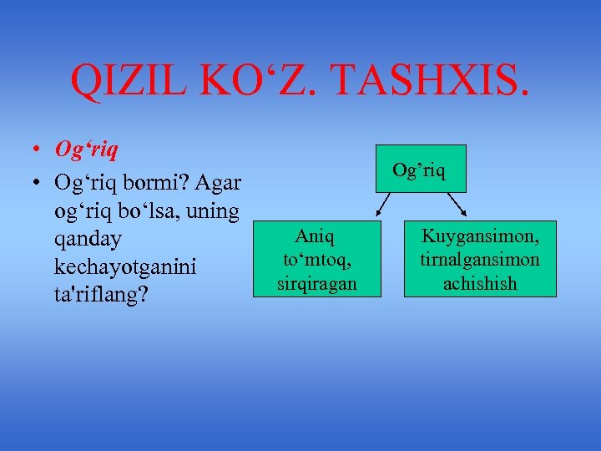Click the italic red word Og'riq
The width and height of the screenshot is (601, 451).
(86, 149)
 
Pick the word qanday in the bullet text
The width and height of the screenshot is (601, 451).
(88, 240)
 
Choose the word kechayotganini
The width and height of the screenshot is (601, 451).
(124, 267)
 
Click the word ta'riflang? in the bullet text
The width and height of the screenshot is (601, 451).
(101, 296)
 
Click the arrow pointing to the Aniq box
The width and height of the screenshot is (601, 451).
(386, 205)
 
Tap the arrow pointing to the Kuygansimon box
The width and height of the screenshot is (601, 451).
(457, 205)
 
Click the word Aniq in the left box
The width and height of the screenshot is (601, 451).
(316, 239)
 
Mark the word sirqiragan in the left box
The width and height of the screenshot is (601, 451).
(316, 283)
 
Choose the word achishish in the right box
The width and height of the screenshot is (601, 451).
(479, 283)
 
